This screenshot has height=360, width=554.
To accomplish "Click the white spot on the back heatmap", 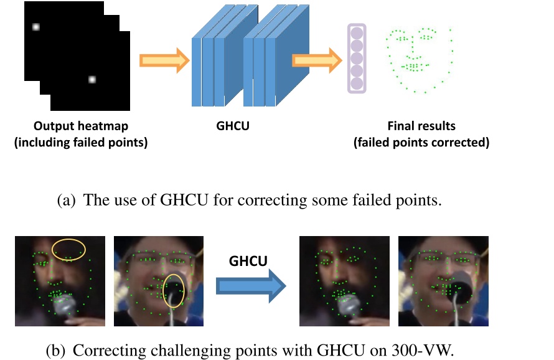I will [35, 27].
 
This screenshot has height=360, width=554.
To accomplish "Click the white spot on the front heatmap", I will [92, 79].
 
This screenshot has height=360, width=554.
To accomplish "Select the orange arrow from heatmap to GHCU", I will [164, 60].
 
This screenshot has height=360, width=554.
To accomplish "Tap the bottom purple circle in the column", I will [357, 83].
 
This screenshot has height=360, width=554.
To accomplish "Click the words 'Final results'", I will [421, 126].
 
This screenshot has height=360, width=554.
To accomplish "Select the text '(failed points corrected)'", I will [421, 142].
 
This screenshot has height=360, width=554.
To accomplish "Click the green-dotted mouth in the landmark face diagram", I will [411, 65].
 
